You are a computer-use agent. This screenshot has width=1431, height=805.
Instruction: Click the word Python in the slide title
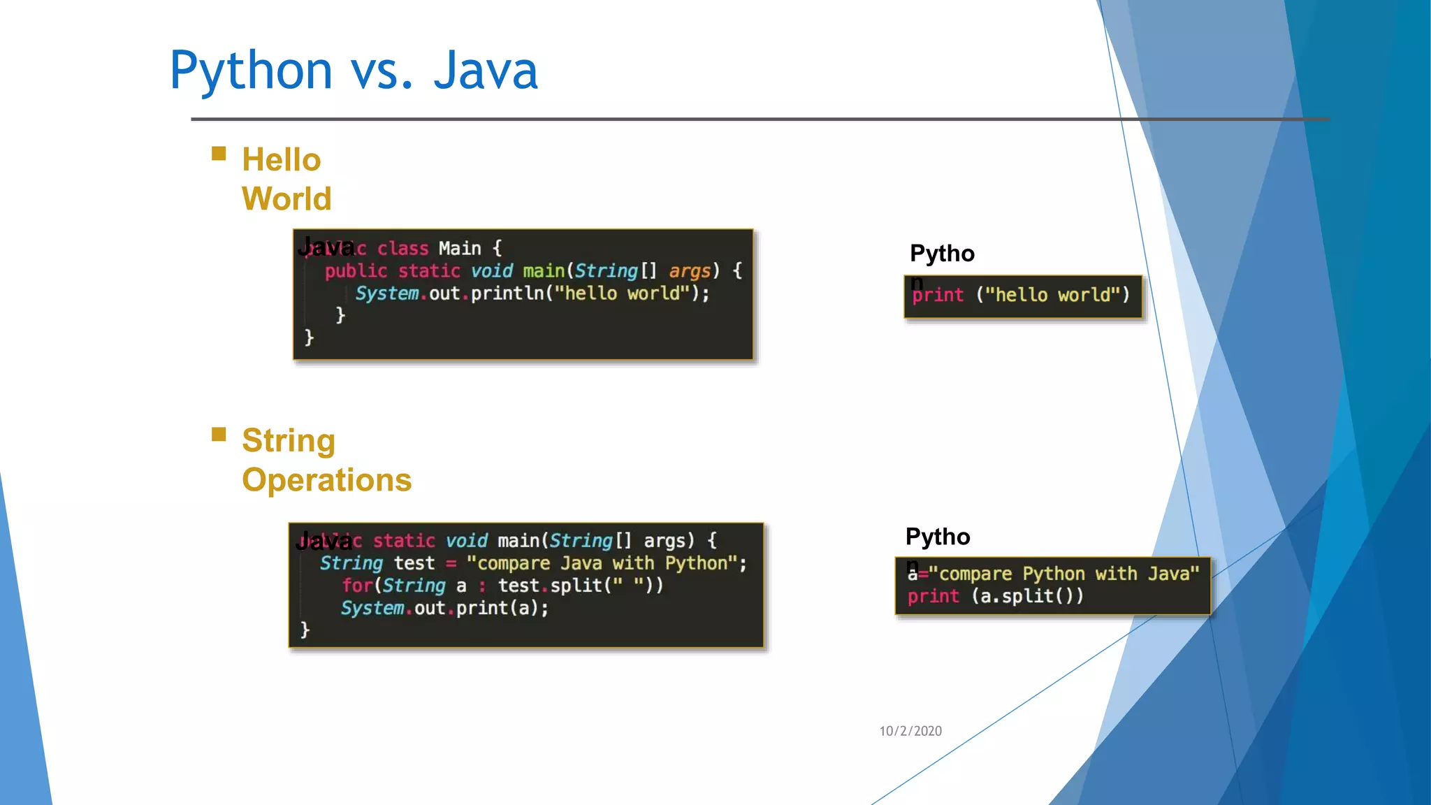pos(251,71)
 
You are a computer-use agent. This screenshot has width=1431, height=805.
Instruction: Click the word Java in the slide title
pos(486,71)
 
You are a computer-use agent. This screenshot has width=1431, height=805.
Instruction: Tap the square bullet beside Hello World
pos(219,154)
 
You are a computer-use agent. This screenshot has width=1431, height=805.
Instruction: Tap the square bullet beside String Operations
pos(219,435)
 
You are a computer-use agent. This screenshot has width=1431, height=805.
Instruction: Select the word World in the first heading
pos(286,199)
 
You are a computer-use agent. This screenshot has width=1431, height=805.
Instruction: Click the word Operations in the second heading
pos(326,480)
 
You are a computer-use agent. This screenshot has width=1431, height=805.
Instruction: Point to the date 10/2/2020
pos(910,731)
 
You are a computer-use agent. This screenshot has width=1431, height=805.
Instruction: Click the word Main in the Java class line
pos(460,249)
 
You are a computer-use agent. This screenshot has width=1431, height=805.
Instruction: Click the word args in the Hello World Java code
pos(690,271)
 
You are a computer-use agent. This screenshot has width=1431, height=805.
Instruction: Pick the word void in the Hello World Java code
pos(492,271)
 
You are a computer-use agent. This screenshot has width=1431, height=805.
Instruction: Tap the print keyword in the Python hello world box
pos(938,296)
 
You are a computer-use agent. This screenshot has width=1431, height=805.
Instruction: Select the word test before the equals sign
pos(414,563)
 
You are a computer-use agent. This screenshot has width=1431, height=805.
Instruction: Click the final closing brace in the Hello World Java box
pos(309,338)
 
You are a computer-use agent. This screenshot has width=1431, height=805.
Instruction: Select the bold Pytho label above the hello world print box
pos(941,254)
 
